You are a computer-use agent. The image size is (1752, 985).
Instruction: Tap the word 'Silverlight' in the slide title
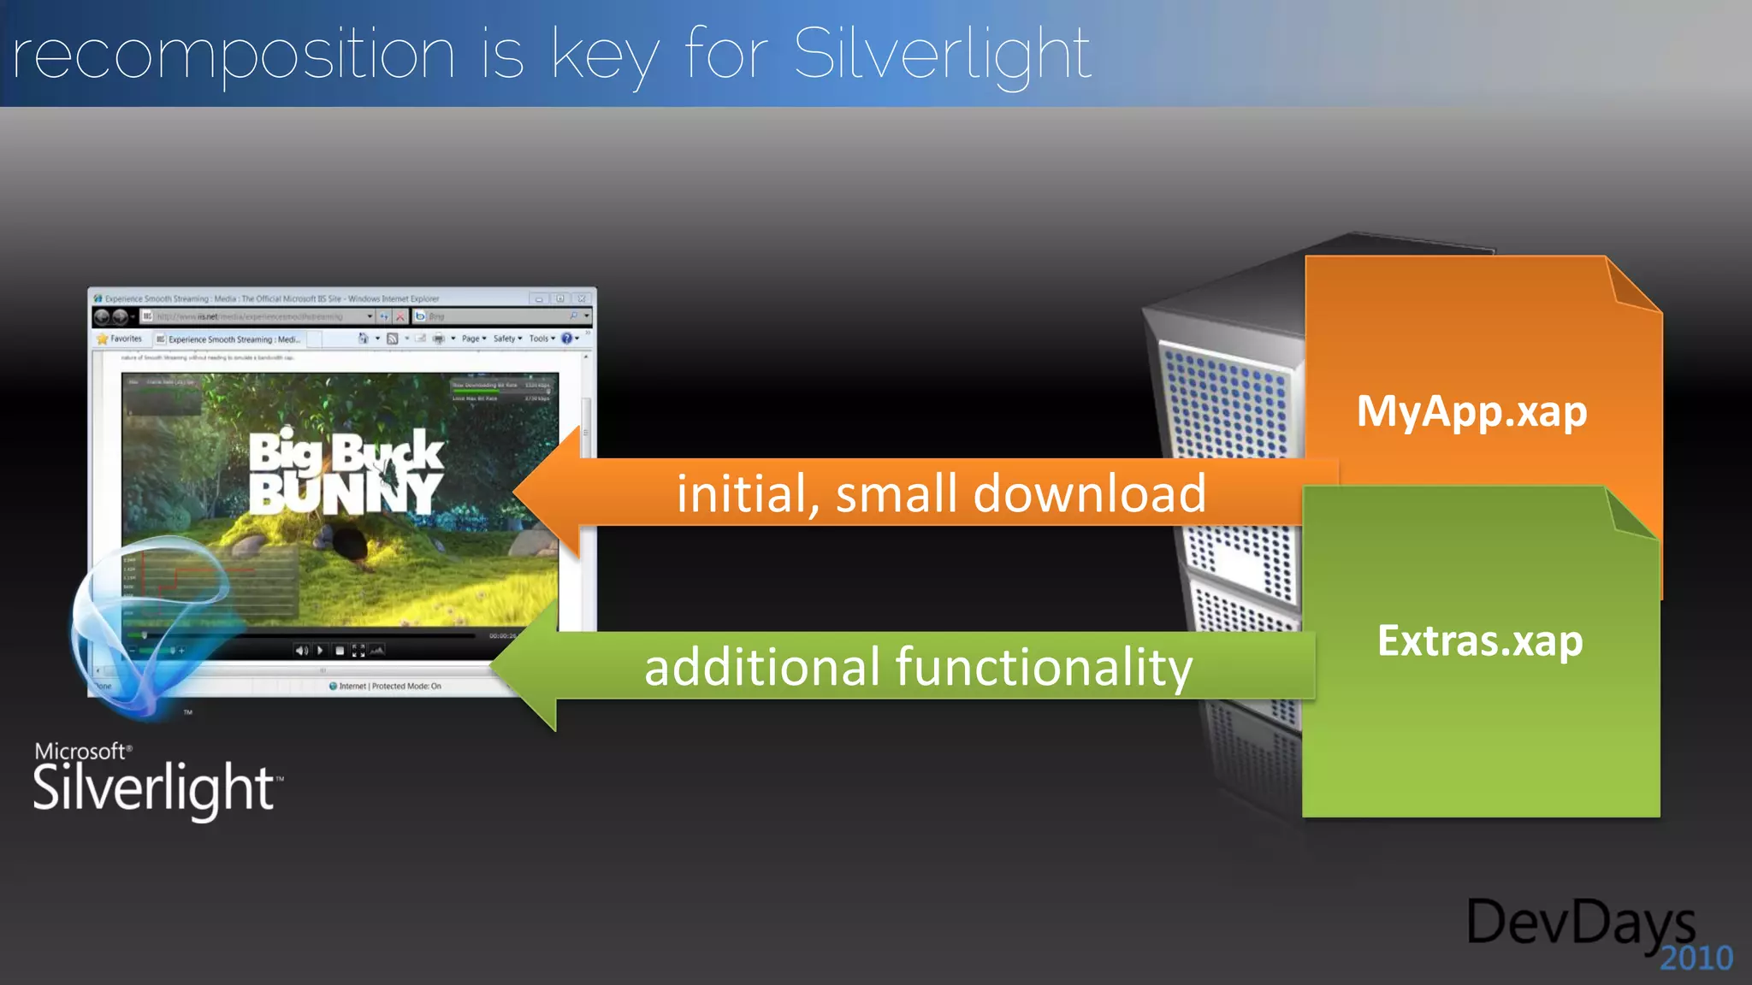tap(941, 55)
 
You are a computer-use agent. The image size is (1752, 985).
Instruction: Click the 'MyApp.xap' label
tap(1471, 411)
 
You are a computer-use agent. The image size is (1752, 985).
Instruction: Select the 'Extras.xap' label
tap(1480, 640)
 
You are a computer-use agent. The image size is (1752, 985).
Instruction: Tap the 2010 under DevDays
tap(1696, 958)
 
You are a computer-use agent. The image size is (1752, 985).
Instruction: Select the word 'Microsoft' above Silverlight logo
tap(80, 751)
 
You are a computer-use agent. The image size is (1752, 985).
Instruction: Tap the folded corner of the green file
tap(1630, 513)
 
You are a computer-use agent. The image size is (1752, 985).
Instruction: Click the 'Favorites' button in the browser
tap(121, 339)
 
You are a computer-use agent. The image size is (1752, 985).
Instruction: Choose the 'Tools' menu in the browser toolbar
tap(541, 339)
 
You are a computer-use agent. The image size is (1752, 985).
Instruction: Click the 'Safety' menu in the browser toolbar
tap(506, 339)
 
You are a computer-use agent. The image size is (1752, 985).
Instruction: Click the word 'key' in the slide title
tap(604, 55)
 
